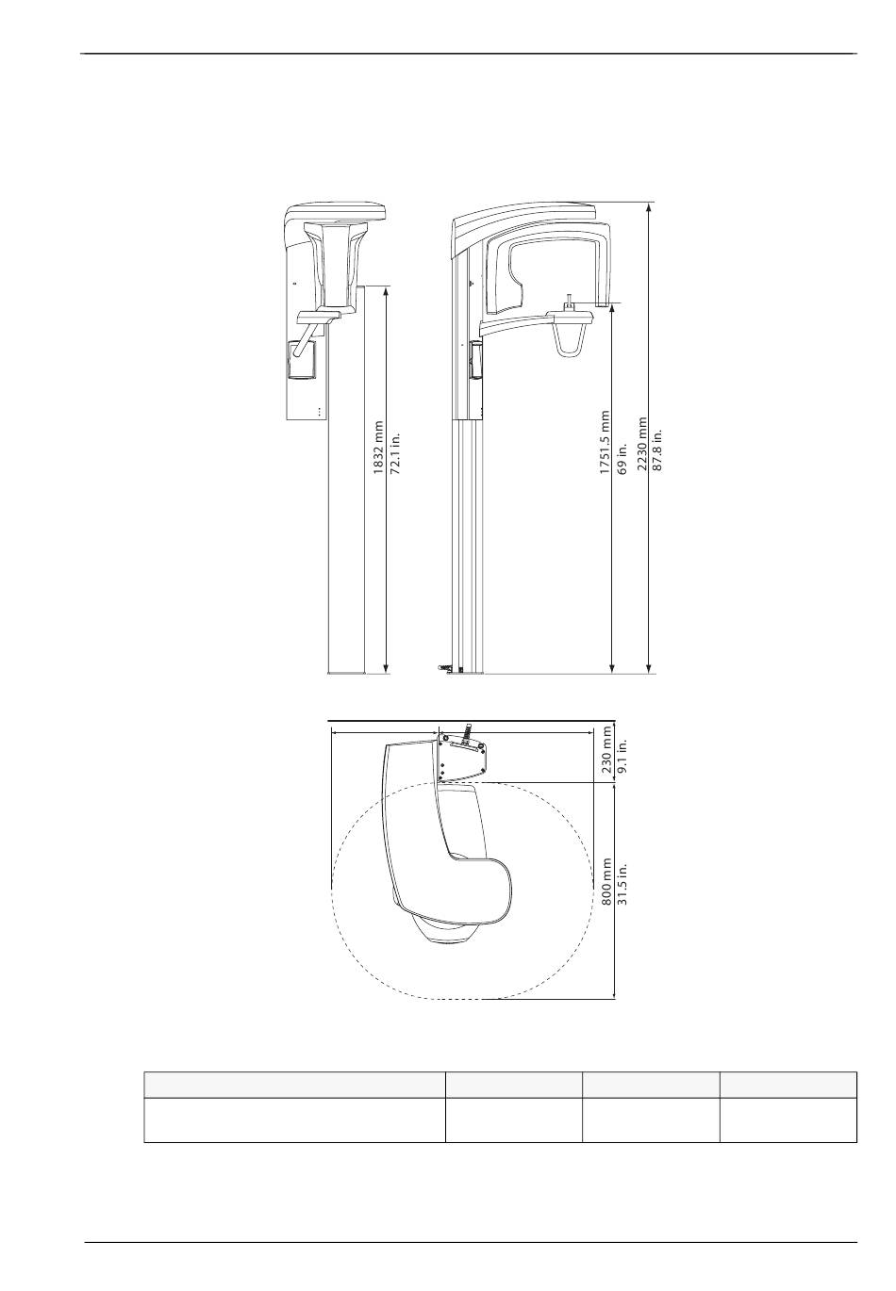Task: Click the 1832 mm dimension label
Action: coord(378,448)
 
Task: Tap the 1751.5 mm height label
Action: coord(604,443)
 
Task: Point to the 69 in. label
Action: coord(622,459)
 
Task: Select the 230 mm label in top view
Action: coord(606,749)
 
